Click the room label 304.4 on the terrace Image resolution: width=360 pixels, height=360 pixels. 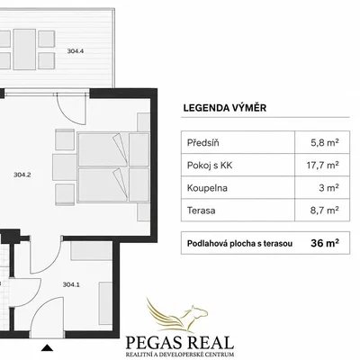76,51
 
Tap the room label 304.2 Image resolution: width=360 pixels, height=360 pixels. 22,175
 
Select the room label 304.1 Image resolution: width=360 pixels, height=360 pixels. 71,284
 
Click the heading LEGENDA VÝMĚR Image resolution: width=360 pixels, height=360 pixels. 225,108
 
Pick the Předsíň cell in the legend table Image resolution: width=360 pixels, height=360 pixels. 203,142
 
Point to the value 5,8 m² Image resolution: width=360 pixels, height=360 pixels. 325,142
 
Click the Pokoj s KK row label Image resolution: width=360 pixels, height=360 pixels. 210,166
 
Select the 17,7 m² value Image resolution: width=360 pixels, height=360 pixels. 323,165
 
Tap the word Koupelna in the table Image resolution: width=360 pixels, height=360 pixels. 207,188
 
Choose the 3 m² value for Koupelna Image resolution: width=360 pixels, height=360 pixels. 328,188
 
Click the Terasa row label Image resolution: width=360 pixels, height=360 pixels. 202,211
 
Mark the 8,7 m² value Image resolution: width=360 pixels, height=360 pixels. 325,211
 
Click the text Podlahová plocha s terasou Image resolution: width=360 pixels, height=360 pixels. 239,243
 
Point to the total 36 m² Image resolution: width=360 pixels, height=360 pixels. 325,243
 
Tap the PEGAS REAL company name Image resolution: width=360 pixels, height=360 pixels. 180,342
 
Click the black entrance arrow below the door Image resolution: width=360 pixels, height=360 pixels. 47,347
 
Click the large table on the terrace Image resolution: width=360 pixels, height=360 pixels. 24,49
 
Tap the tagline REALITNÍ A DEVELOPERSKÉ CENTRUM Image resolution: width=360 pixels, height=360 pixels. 180,355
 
